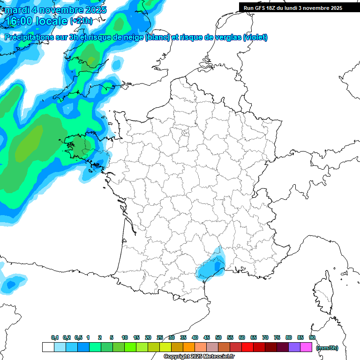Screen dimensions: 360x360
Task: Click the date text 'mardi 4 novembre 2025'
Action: click(x=56, y=10)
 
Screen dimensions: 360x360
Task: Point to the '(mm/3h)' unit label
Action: click(x=327, y=347)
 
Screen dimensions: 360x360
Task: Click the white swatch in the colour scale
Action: click(x=48, y=347)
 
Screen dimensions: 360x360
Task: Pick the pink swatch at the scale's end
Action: click(x=306, y=347)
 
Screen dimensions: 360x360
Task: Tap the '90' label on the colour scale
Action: click(x=312, y=337)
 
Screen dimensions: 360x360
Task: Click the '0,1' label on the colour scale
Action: click(x=55, y=337)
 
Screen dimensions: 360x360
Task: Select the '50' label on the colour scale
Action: click(x=218, y=337)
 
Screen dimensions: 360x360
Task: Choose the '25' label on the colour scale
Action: click(x=160, y=337)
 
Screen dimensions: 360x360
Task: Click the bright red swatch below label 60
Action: click(x=247, y=347)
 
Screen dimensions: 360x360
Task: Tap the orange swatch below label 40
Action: click(x=188, y=347)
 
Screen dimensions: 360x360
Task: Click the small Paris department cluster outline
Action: click(x=185, y=135)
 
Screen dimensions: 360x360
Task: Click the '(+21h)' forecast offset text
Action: click(x=81, y=21)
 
